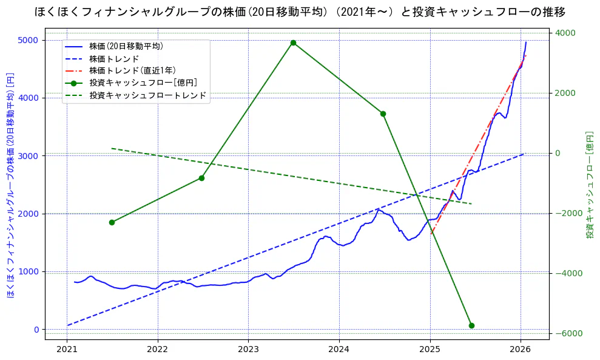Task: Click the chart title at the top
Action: (300, 12)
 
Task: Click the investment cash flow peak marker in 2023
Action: (293, 42)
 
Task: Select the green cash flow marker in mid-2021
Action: (112, 222)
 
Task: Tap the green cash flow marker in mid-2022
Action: (201, 178)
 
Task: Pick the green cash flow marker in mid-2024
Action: (383, 114)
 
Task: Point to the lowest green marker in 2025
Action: (471, 325)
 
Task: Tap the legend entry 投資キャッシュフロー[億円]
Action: (143, 83)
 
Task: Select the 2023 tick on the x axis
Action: (248, 350)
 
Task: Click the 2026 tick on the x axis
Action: (521, 350)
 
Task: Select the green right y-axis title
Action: (589, 185)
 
